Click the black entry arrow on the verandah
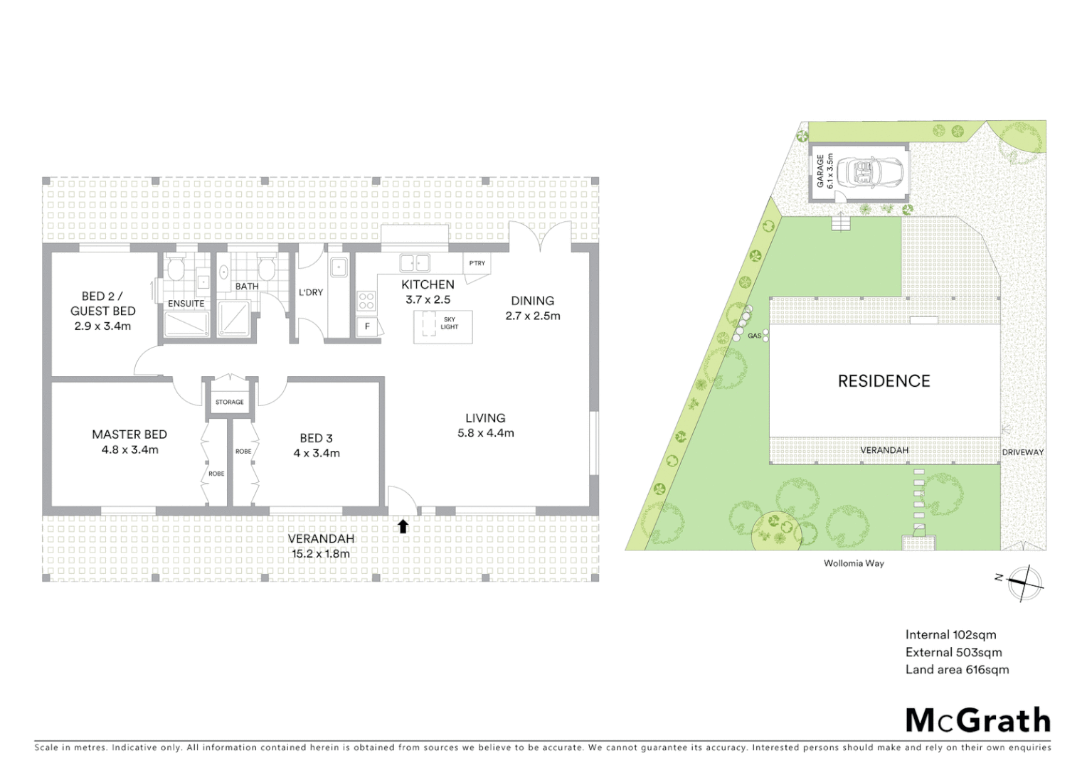(403, 526)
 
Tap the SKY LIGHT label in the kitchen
(449, 324)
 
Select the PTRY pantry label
(477, 263)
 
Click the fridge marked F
(367, 326)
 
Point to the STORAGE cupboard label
(229, 402)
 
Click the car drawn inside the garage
(869, 172)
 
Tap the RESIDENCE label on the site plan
(884, 381)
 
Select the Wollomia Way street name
(854, 563)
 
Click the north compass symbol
(1024, 583)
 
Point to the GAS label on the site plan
(754, 336)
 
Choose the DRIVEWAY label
(1022, 452)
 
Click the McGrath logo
(977, 720)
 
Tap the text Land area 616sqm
(957, 670)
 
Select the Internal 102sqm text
(950, 635)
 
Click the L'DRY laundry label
(311, 292)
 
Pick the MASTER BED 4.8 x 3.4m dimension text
(130, 450)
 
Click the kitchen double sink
(415, 263)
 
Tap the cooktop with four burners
(366, 301)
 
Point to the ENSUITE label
(186, 304)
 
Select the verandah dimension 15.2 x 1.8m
(321, 554)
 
